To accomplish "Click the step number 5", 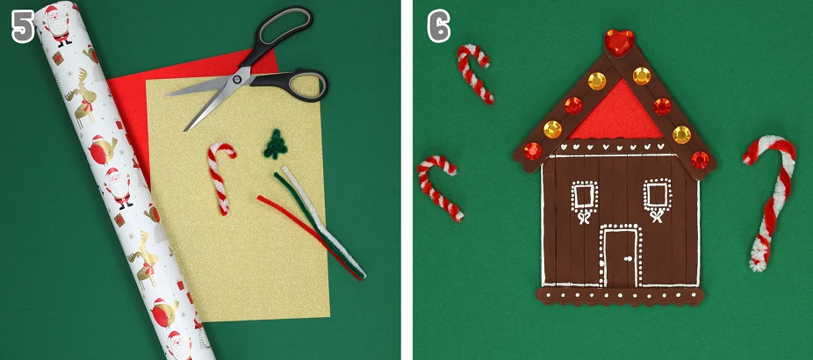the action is tap(23, 26).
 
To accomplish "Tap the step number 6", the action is tap(439, 26).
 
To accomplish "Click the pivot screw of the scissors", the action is tap(237, 79).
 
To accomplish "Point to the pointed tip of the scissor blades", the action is tap(185, 130).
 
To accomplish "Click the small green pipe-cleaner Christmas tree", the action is tap(275, 144).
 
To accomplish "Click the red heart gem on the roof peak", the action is tap(619, 42).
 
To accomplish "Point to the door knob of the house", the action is tap(627, 258).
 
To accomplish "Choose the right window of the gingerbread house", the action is tap(657, 195).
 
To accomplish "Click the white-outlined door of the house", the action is tap(620, 256).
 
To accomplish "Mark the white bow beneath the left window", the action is tap(584, 217).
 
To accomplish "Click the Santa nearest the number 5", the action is tap(58, 25).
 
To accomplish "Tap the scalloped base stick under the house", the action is tap(620, 296).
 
